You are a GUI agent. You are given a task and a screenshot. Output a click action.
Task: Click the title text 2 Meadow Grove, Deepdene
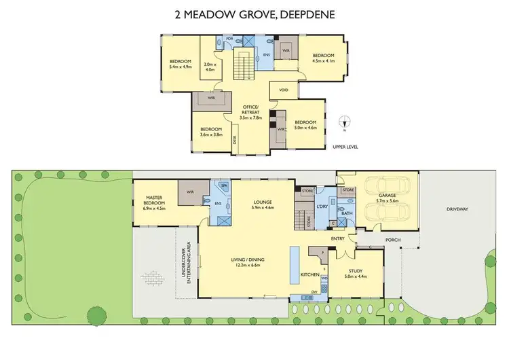coord(254,14)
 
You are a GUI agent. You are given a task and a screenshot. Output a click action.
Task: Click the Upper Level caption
coord(345,147)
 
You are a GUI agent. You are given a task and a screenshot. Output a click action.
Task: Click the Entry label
coord(337,239)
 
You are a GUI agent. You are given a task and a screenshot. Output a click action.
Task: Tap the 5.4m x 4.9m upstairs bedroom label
coord(181,65)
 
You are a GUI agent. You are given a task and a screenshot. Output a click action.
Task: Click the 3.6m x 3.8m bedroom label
coord(211,132)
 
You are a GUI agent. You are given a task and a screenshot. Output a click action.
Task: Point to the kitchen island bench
coord(295,258)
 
